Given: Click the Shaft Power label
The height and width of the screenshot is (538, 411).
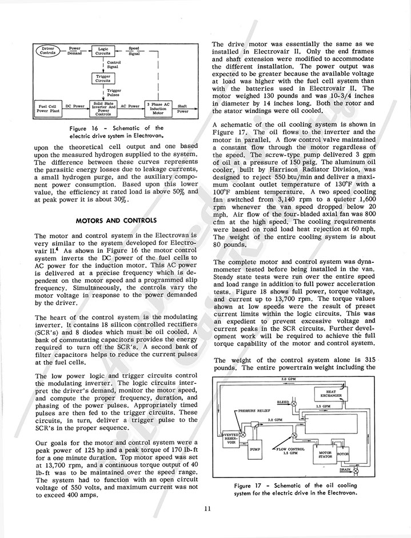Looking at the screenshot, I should pos(183,109).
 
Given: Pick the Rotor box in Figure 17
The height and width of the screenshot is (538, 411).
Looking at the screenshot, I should pos(342,455).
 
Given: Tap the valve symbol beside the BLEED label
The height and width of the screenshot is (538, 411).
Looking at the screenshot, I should pos(295,404).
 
